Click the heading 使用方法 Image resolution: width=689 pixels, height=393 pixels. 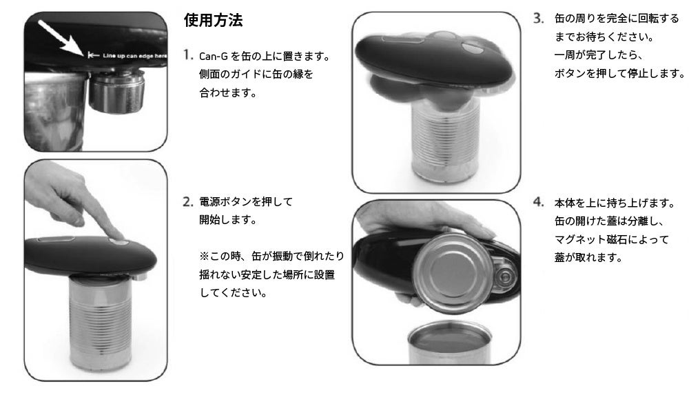click(213, 20)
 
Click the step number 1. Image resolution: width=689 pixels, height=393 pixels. click(187, 55)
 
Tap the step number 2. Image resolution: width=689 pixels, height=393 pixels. click(187, 202)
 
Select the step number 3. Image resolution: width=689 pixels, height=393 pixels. click(539, 19)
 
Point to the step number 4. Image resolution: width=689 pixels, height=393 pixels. click(539, 202)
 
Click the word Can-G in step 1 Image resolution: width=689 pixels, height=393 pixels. click(213, 57)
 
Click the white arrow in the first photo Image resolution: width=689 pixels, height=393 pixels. click(61, 38)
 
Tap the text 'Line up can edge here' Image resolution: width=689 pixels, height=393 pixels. click(134, 56)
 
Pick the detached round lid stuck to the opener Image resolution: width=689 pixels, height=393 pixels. click(452, 273)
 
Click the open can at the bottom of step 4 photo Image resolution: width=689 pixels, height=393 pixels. click(449, 341)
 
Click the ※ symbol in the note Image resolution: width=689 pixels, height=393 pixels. click(204, 256)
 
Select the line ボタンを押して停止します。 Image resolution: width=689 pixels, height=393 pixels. click(619, 73)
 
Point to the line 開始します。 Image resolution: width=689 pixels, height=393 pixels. click(228, 220)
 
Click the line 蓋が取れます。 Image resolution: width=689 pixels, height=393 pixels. click(588, 258)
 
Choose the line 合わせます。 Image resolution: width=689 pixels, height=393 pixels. click(228, 93)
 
